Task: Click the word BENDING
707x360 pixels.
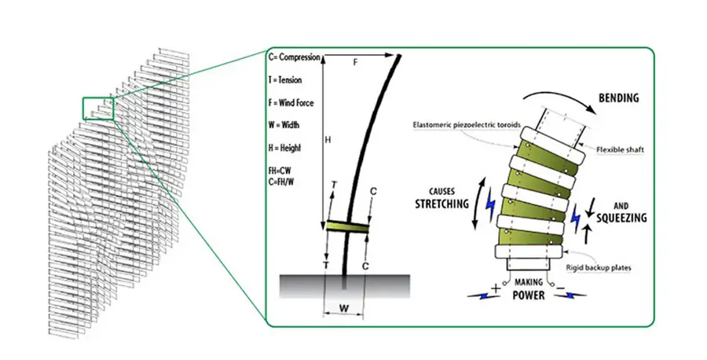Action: tap(619, 98)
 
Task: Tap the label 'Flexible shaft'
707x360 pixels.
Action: tap(620, 150)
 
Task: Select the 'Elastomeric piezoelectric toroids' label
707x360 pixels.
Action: tap(467, 124)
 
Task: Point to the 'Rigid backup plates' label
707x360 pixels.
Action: tap(599, 268)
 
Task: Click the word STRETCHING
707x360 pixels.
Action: tap(441, 204)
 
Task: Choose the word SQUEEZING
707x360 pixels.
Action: tap(621, 218)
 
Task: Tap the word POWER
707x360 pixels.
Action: tap(529, 296)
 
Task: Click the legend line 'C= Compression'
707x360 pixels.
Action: tap(295, 57)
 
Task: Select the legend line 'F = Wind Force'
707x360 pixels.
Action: tap(291, 103)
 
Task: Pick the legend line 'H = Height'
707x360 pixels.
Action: tap(284, 148)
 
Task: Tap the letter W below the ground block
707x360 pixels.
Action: tap(343, 309)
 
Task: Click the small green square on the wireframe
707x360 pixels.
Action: tap(98, 108)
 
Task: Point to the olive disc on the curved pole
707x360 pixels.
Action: tap(348, 226)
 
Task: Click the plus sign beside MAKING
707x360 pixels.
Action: tap(496, 288)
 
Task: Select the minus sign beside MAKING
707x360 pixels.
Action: tap(559, 288)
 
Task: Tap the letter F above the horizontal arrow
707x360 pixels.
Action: tap(355, 62)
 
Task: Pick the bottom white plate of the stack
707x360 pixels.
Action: tap(529, 252)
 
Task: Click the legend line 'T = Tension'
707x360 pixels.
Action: tap(285, 80)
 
